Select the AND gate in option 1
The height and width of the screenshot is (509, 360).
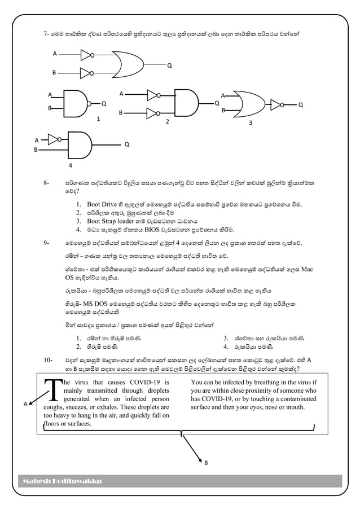tap(74, 102)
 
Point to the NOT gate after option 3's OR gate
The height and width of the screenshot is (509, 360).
tap(276, 104)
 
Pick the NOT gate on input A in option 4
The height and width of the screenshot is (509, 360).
tap(54, 138)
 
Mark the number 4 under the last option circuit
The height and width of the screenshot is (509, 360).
tap(69, 166)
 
